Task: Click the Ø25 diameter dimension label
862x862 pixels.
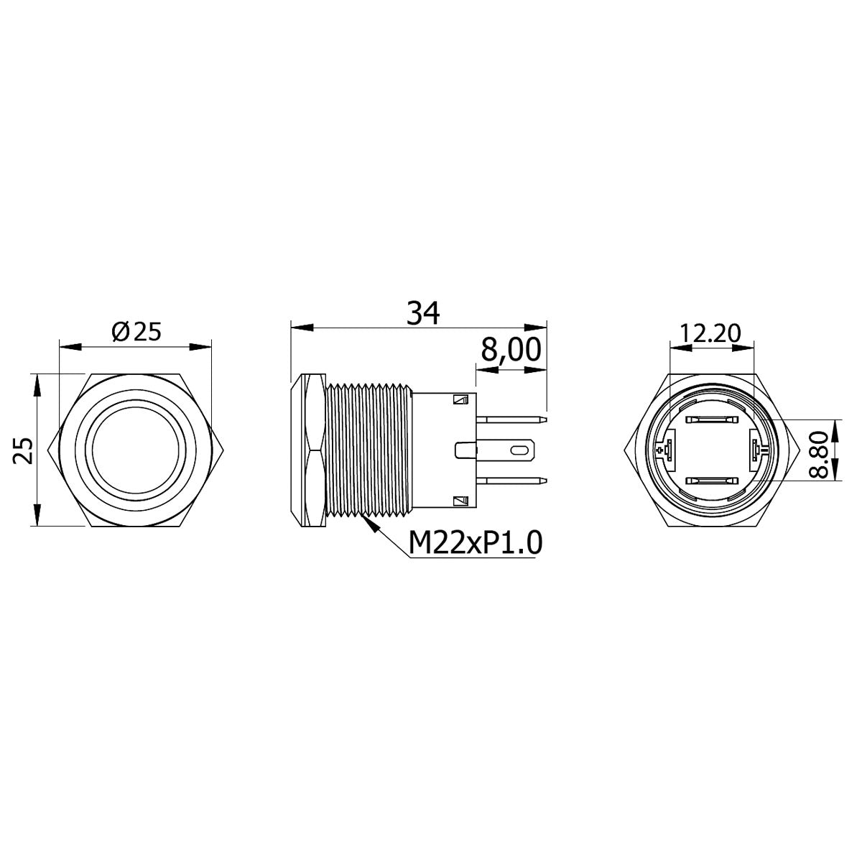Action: [x=136, y=332]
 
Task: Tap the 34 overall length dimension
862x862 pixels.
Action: [x=422, y=312]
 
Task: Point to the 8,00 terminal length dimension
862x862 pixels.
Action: [x=510, y=351]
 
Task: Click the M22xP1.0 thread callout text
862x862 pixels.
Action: [x=474, y=543]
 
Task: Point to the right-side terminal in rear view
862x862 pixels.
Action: [x=756, y=450]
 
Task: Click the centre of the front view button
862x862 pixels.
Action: [x=136, y=450]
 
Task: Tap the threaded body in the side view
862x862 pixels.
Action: [x=366, y=450]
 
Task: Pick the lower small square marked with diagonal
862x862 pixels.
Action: [x=460, y=501]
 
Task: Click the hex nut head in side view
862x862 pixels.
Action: [x=307, y=450]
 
